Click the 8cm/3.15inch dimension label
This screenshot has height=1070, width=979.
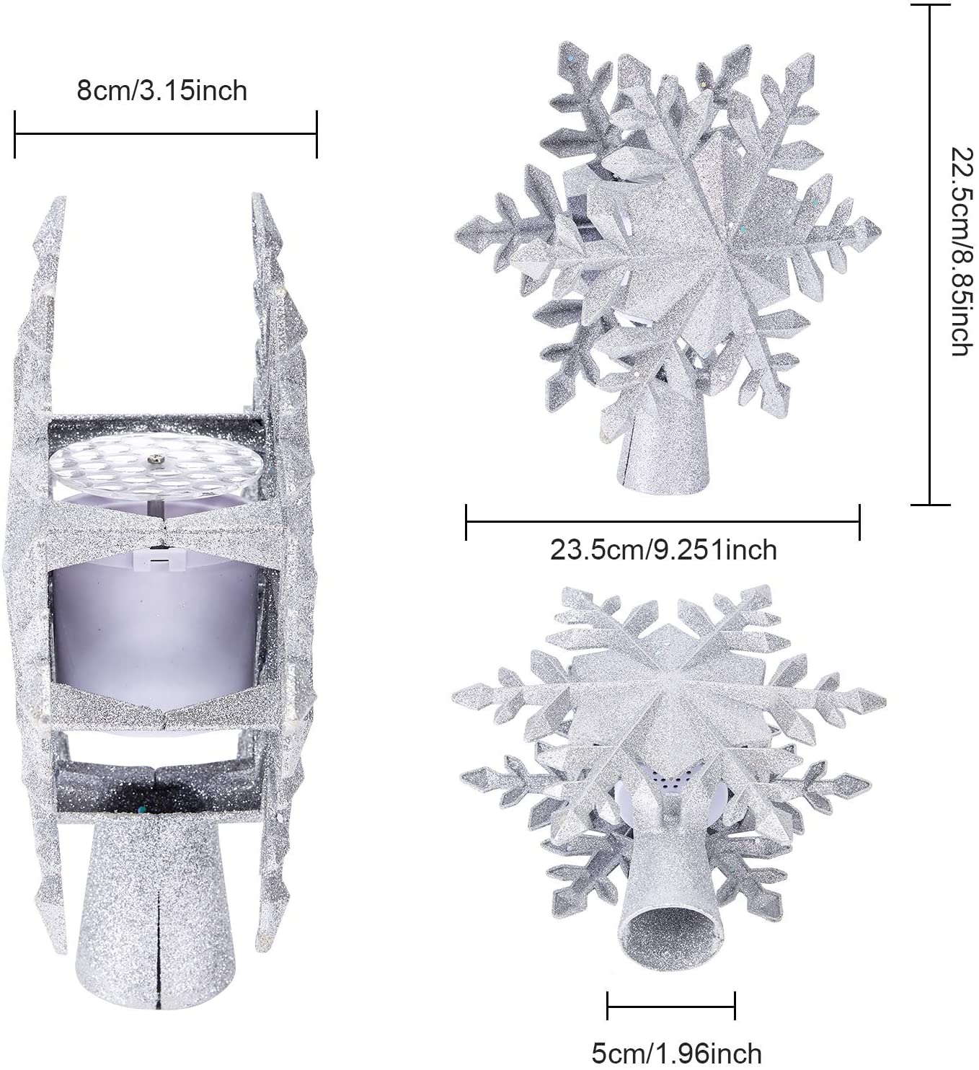pyautogui.click(x=162, y=91)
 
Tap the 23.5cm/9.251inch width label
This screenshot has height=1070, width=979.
pyautogui.click(x=663, y=550)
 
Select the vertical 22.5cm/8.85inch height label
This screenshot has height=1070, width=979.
pyautogui.click(x=965, y=251)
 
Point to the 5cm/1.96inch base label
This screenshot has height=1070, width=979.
pyautogui.click(x=676, y=1053)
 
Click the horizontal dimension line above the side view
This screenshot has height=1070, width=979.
pyautogui.click(x=165, y=134)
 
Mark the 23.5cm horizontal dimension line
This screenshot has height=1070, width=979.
pyautogui.click(x=663, y=522)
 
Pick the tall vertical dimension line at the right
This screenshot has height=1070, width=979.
pyautogui.click(x=931, y=255)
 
